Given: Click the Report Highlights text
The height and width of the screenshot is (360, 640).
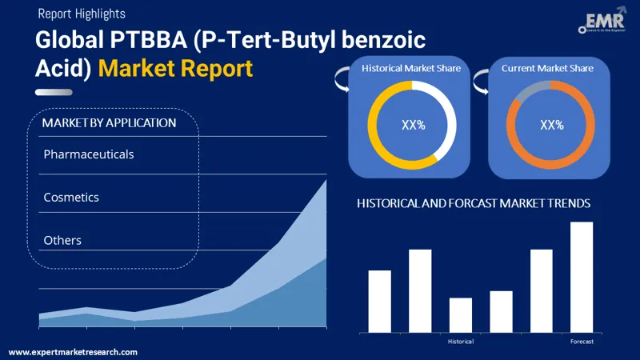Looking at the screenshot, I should point(81,14).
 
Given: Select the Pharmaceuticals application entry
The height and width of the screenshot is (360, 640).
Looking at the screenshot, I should point(89,154).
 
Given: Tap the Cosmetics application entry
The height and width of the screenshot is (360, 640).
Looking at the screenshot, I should point(71,197).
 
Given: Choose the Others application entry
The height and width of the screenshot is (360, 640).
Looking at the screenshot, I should point(62,240).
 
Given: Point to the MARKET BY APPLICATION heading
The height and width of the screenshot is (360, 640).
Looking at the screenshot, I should point(109,123).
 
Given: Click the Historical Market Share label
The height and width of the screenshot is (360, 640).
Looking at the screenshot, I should point(411,68).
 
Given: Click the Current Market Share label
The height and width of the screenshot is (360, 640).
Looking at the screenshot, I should point(547,68).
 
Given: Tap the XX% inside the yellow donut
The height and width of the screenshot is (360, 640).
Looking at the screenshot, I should point(412,125).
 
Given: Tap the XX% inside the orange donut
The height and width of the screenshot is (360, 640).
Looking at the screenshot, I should point(552,125).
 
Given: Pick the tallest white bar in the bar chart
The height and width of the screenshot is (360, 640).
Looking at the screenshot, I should point(582,277).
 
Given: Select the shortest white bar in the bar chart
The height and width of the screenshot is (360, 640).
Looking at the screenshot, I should point(461,314).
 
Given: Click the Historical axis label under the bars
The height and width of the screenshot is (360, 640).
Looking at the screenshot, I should point(461,342).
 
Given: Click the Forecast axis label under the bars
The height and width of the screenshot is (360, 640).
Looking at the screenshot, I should point(582,342).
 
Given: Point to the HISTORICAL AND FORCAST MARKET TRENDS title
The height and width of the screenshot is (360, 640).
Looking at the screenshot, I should point(474,203).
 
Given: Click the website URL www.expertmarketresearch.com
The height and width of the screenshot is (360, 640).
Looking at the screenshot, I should point(73,352).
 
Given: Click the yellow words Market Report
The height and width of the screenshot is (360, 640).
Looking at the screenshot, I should point(175,68).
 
